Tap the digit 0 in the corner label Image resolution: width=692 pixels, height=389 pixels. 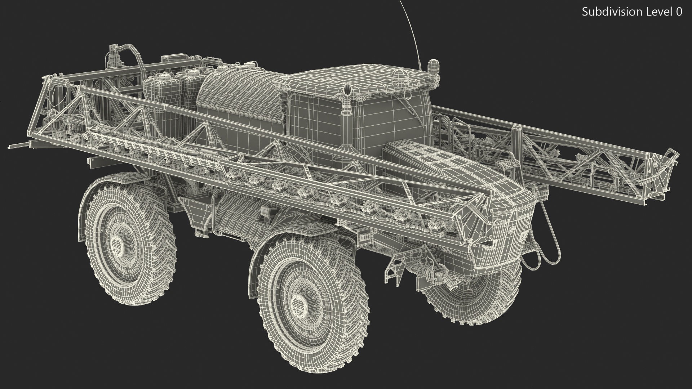coord(679,12)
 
